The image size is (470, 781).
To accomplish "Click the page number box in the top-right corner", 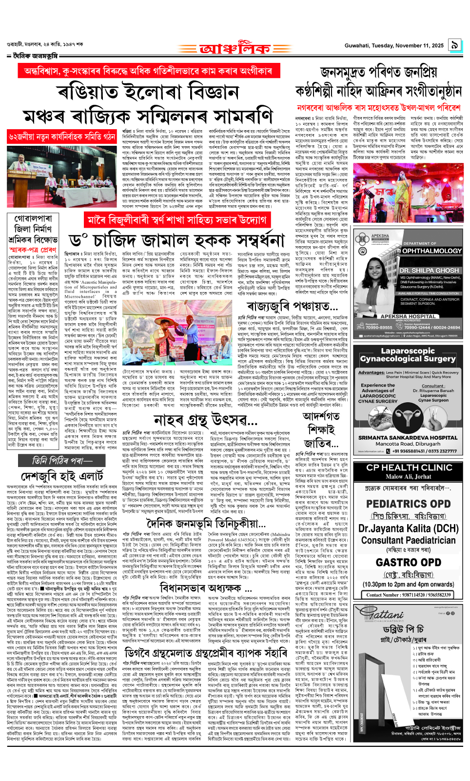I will [x=454, y=45].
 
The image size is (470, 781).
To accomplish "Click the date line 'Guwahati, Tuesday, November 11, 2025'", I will [x=393, y=46].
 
